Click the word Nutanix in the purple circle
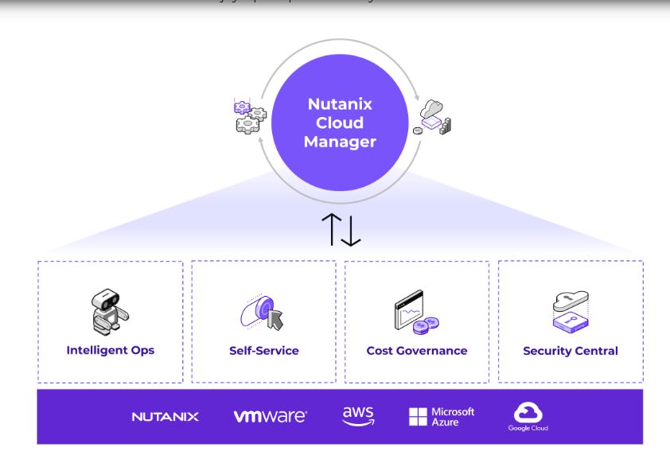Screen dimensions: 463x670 tap(341, 104)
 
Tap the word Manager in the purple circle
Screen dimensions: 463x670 tap(341, 142)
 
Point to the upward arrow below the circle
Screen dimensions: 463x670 tap(330, 229)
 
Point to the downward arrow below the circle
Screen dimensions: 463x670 tap(351, 229)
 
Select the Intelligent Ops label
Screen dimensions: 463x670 tap(110, 350)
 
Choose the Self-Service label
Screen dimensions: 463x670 tap(263, 351)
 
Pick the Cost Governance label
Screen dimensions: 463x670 tap(416, 351)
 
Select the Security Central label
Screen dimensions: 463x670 tap(571, 351)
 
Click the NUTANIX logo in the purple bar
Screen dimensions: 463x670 tap(165, 417)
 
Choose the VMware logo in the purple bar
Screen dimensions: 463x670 tap(271, 417)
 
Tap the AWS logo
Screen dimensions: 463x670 tap(357, 416)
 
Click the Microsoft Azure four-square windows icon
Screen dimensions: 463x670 tap(418, 416)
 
